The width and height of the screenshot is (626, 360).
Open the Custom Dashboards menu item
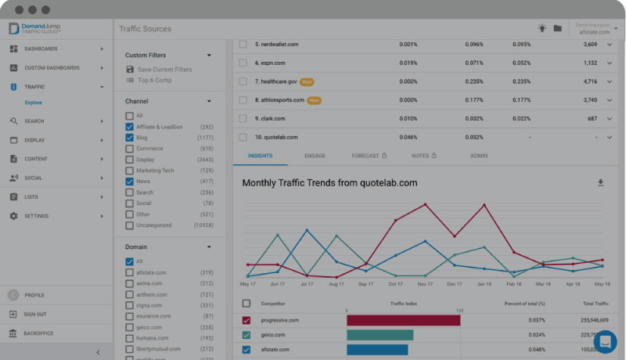(52, 68)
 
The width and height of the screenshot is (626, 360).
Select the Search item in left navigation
(34, 121)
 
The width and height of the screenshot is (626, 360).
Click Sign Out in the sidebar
(35, 315)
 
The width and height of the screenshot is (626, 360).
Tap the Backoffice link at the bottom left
(38, 333)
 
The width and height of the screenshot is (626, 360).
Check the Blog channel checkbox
(129, 138)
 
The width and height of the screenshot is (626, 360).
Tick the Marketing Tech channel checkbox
(129, 171)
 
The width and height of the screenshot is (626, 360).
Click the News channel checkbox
(129, 182)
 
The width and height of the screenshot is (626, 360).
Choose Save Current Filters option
(164, 70)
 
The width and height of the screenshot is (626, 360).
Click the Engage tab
(315, 156)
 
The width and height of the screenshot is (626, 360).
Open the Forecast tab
(369, 156)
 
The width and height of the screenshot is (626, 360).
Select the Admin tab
(479, 156)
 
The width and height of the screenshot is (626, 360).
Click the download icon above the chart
(601, 183)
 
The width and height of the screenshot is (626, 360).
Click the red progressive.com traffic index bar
(403, 321)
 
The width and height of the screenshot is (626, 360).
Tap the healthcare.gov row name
(276, 81)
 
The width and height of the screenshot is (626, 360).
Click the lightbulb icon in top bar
(541, 28)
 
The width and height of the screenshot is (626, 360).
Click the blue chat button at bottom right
(605, 342)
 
